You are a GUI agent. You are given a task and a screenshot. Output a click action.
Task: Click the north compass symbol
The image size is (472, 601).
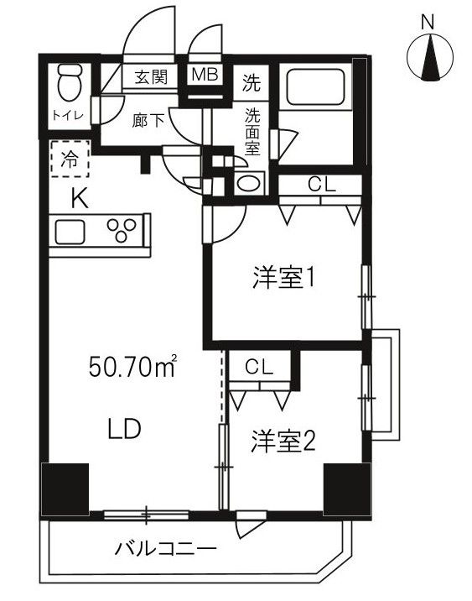pos(428,60)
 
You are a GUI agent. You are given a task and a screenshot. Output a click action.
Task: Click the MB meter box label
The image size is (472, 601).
pos(205,75)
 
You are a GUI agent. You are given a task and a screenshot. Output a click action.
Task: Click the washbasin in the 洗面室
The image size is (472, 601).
pos(249,183)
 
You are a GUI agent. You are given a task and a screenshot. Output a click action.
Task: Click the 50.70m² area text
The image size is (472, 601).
pos(133,367)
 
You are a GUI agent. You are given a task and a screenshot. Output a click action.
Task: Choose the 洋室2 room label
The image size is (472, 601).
pos(283,442)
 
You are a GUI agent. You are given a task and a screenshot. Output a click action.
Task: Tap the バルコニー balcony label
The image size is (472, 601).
pos(165,550)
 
